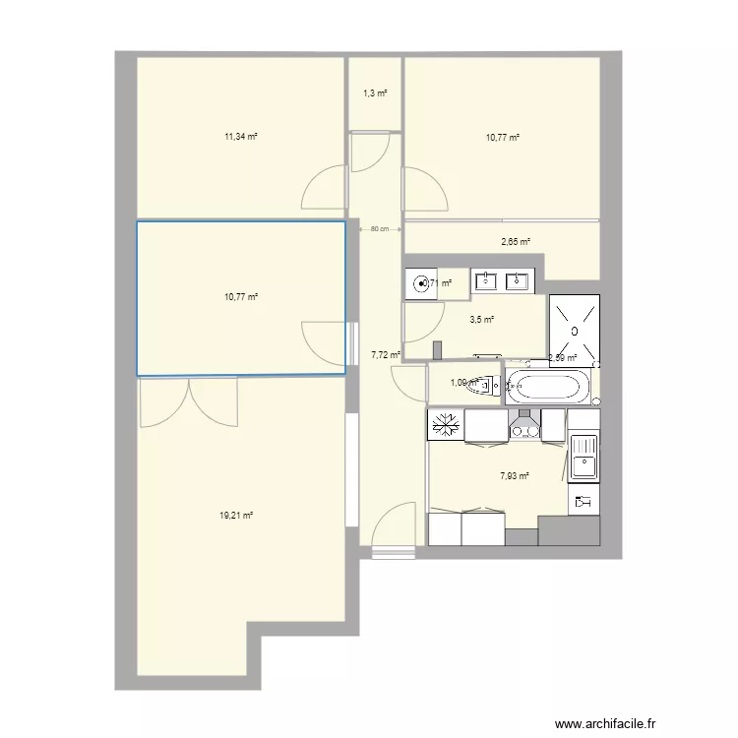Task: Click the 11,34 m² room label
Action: point(241,138)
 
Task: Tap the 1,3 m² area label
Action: point(375,93)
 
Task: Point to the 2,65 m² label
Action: point(516,241)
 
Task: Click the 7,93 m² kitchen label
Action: point(515,476)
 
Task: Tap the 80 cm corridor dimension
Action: point(379,229)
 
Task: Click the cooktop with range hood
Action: point(524,424)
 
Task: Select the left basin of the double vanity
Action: point(487,281)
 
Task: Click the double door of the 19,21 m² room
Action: point(190,402)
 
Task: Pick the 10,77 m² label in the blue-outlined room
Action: point(241,296)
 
